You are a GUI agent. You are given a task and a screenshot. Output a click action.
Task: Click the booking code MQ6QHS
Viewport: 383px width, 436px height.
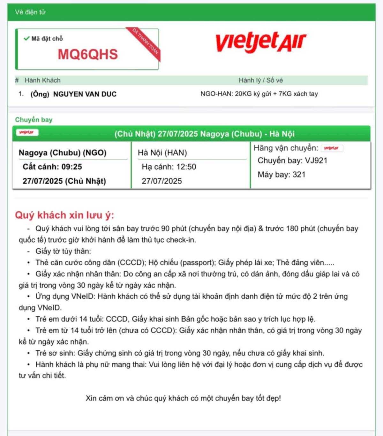pos(88,54)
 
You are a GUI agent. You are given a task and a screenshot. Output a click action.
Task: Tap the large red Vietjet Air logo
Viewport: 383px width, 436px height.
pos(261,42)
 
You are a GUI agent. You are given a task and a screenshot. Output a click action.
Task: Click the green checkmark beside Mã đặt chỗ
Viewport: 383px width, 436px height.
pos(26,38)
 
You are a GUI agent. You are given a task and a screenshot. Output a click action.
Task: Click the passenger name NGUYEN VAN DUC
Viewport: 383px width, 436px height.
pos(85,94)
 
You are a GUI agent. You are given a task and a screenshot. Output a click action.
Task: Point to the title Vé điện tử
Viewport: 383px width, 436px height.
pos(30,12)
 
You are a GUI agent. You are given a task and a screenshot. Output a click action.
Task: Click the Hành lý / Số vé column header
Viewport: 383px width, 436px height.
pos(260,80)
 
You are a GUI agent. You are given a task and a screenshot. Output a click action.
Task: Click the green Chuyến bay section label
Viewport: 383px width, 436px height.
pos(34,120)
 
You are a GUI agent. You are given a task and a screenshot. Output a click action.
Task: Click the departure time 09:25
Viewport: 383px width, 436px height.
pos(72,167)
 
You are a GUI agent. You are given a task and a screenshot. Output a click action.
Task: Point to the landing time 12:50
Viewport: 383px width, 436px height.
pos(187,167)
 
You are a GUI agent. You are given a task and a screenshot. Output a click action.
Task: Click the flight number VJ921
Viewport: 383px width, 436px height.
pos(316,160)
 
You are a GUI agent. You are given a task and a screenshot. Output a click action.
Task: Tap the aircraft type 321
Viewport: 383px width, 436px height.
pos(299,175)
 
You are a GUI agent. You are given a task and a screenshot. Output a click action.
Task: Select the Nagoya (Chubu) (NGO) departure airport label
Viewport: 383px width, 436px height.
pos(63,152)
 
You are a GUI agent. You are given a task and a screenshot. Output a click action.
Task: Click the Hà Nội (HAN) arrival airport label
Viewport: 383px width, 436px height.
pos(162,152)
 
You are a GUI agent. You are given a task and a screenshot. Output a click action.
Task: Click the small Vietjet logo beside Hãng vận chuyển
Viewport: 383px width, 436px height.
pos(332,148)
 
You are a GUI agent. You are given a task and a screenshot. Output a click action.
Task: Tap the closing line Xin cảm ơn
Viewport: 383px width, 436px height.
pos(183,398)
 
